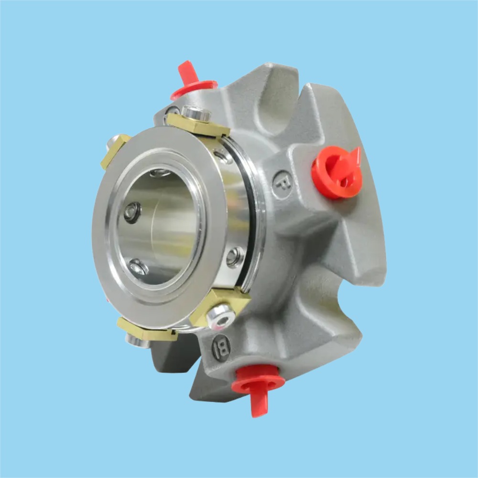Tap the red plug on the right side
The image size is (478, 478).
337,172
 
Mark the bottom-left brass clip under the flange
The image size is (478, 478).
146,330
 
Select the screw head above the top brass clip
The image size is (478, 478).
197,113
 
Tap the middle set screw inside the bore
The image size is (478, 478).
132,212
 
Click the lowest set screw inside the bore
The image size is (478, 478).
138,266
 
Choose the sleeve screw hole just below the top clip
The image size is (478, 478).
221,156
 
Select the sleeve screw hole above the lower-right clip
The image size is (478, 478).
235,256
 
